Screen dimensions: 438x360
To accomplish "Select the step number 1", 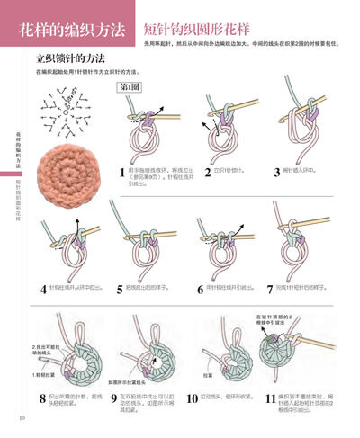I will point(122,173).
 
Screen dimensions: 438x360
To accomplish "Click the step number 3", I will point(274,169).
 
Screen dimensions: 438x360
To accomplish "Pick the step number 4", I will point(42,289).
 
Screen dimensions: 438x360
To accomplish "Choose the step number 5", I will point(120,289).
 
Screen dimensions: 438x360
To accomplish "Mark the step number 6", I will point(200,289).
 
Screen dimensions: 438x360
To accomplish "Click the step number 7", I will point(270,289).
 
